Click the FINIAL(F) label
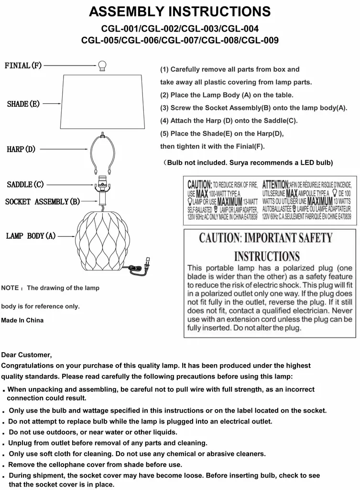23,66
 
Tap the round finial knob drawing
102,66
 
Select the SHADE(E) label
23,104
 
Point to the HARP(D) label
21,149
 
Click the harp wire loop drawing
102,153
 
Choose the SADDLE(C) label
25,184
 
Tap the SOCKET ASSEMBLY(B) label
43,201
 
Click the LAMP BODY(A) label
31,236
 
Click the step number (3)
164,108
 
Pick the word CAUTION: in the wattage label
199,185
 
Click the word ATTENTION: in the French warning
276,185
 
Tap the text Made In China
22,320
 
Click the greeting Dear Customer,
26,355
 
